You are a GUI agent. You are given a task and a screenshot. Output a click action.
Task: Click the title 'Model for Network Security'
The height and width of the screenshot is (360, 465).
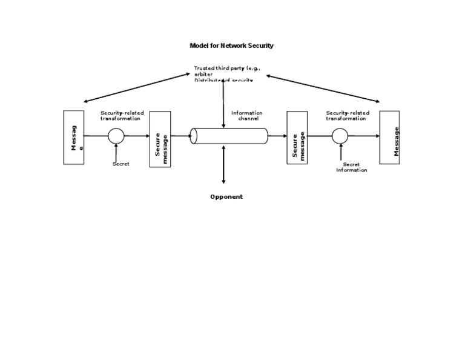click(232, 45)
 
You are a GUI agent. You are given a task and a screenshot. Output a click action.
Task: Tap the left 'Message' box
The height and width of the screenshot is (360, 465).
click(73, 137)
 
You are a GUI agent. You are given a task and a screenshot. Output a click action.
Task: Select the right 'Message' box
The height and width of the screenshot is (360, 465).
click(389, 137)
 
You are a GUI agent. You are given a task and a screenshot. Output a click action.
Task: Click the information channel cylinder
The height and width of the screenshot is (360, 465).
click(229, 136)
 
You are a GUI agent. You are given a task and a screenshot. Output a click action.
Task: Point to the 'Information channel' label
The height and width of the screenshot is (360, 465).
click(247, 115)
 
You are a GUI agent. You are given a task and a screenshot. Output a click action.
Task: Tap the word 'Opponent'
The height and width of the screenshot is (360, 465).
click(226, 196)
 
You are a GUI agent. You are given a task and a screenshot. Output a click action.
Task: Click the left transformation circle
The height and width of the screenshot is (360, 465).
click(116, 136)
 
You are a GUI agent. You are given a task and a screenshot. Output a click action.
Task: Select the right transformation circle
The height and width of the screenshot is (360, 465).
click(340, 136)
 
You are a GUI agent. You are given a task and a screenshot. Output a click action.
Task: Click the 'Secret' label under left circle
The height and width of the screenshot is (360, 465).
click(120, 164)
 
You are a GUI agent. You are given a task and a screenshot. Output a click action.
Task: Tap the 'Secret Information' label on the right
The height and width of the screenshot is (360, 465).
click(352, 167)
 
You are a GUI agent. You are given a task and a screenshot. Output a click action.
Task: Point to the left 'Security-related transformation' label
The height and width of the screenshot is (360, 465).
click(122, 115)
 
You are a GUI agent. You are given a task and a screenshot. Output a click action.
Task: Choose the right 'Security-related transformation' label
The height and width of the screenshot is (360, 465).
click(348, 115)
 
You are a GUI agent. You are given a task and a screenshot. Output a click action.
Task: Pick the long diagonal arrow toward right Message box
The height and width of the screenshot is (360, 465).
click(325, 88)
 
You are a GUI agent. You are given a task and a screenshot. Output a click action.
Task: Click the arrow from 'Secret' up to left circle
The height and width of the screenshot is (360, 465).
click(116, 153)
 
